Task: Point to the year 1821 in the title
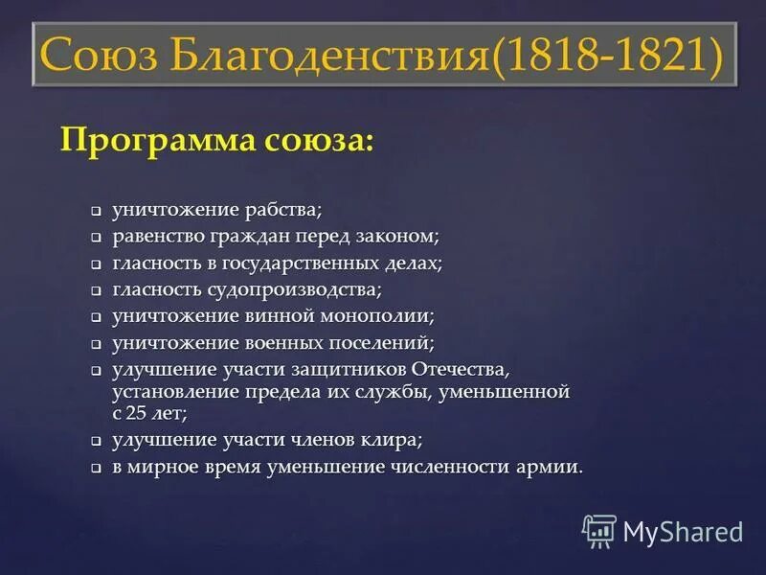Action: click(x=661, y=57)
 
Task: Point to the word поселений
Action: click(x=384, y=342)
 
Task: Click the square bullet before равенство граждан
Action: click(x=97, y=237)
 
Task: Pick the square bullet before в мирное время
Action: click(x=97, y=469)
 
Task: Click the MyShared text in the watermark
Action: click(x=683, y=531)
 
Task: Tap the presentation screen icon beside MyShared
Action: click(x=598, y=530)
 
